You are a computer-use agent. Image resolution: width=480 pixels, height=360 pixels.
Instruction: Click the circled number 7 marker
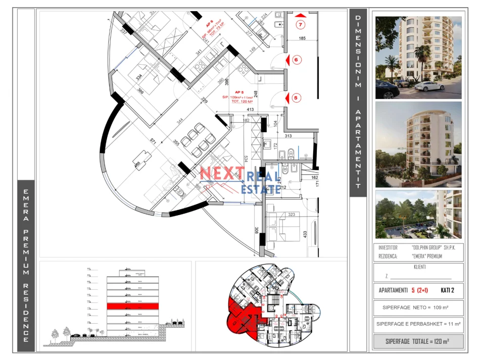[301, 24]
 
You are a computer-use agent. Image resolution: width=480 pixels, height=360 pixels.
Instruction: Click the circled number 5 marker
[297, 98]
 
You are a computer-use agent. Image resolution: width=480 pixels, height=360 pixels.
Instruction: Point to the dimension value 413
[249, 109]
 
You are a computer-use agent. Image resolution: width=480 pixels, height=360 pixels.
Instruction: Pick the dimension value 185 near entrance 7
[302, 38]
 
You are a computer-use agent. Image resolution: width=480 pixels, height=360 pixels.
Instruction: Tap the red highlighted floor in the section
[132, 306]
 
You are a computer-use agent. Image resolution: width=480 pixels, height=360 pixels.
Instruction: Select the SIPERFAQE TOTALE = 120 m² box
[417, 341]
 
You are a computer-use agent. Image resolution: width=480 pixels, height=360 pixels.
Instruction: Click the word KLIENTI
[419, 267]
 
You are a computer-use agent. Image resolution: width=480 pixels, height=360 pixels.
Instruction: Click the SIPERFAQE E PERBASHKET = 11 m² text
[418, 324]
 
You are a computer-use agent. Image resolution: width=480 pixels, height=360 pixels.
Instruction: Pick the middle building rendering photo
[418, 144]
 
